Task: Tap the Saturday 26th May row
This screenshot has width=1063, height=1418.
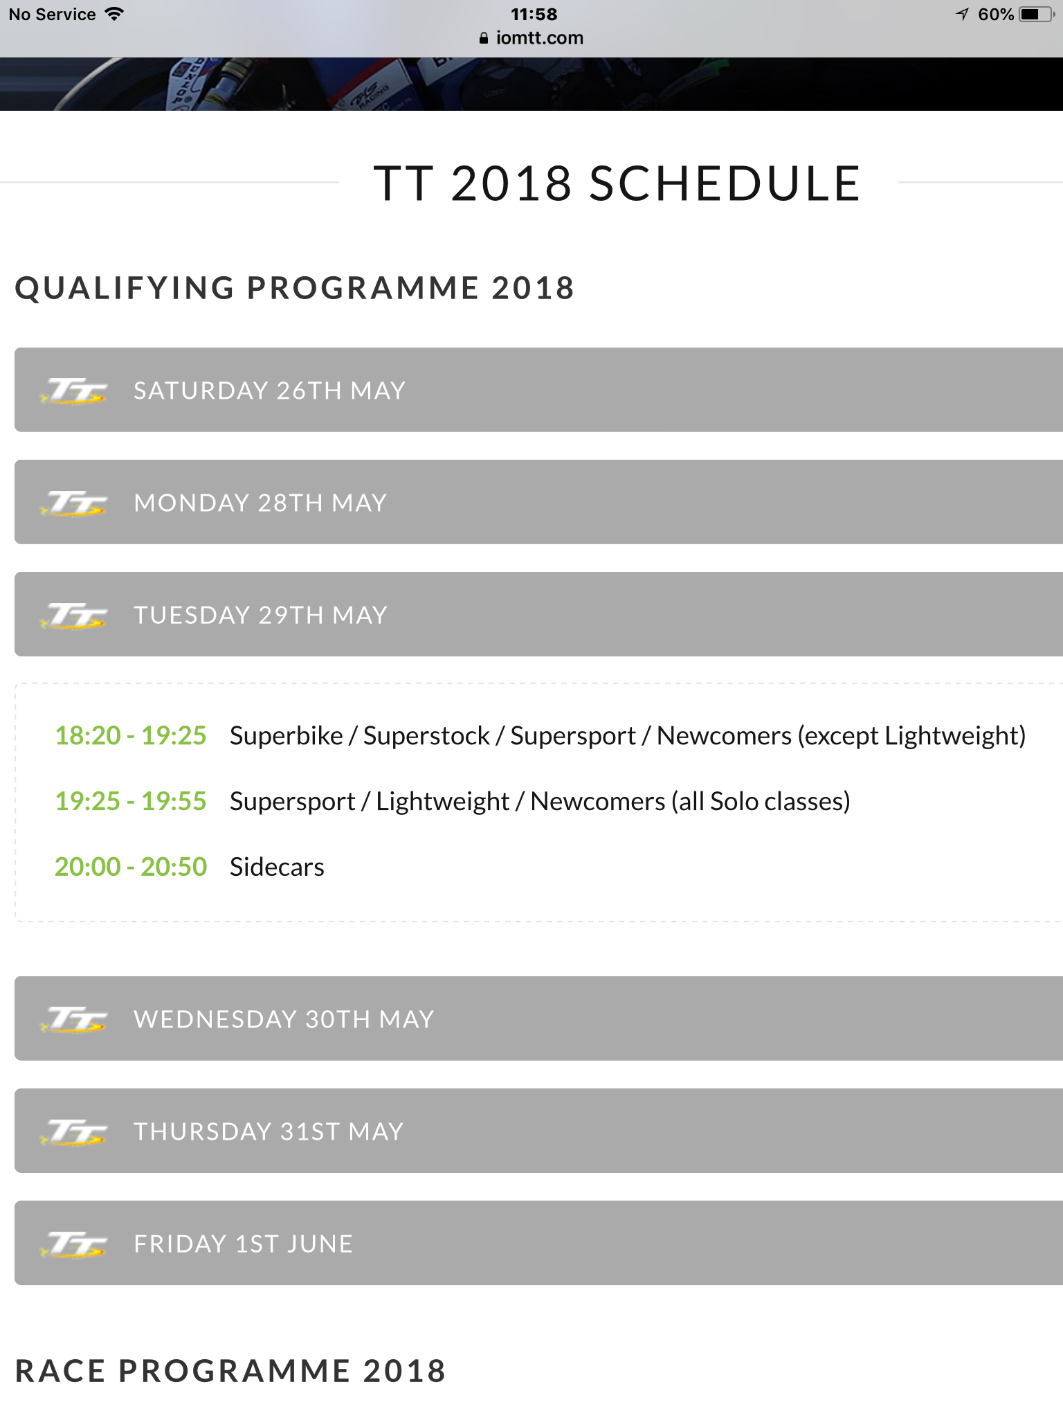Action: [x=538, y=390]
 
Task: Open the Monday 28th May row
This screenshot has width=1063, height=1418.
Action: [x=538, y=502]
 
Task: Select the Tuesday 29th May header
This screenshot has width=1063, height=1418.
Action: [x=538, y=614]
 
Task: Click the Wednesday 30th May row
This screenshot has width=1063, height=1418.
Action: [x=538, y=1018]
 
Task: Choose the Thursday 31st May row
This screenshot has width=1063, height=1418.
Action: [x=538, y=1131]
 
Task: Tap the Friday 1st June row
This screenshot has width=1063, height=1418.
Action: [x=538, y=1243]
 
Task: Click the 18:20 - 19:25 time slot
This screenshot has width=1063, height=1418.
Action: [x=131, y=735]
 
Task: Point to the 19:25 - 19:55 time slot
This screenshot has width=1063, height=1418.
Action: [x=131, y=801]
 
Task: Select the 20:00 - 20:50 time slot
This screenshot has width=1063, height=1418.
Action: [x=131, y=867]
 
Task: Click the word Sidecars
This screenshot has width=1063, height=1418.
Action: [x=277, y=867]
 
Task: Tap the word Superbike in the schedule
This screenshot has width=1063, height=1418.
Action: [x=287, y=736]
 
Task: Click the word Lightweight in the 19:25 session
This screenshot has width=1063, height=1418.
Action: [x=443, y=802]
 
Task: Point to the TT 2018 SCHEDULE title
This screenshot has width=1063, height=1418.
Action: [x=617, y=183]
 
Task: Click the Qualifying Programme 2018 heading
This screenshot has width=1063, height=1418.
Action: [x=295, y=288]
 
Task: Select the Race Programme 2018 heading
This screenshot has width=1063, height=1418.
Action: [x=230, y=1371]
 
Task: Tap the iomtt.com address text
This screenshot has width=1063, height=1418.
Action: [x=540, y=38]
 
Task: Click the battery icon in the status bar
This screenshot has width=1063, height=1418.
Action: [x=1037, y=15]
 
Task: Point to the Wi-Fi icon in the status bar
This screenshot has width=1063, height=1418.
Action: [x=114, y=14]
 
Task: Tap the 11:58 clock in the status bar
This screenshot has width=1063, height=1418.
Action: [x=534, y=15]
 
